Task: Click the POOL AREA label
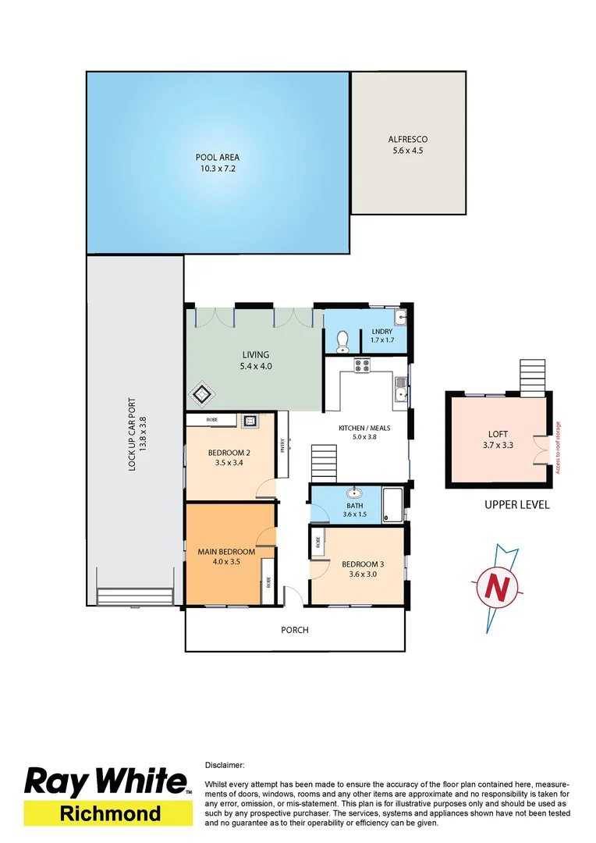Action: (217, 157)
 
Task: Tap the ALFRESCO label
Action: (408, 140)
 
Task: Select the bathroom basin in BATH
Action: (355, 493)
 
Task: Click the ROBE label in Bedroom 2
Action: (212, 420)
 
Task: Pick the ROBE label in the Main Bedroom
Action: (267, 581)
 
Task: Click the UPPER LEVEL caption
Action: (516, 504)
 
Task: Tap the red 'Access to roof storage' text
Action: (559, 448)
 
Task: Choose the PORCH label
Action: (295, 630)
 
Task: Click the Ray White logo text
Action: (107, 782)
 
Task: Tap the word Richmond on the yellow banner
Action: (110, 813)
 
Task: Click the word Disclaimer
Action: (225, 766)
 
